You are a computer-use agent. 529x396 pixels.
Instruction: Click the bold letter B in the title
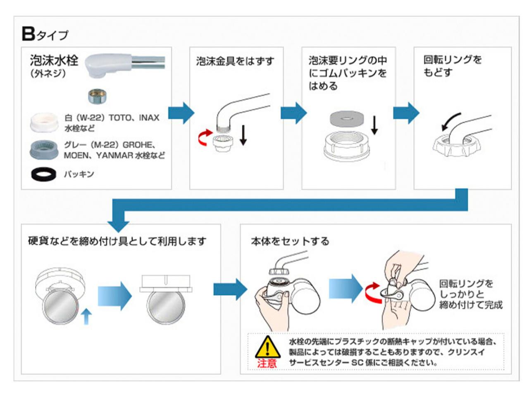28,34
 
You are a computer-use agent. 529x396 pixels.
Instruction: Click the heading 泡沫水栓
54,61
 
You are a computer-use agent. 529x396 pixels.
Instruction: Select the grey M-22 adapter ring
43,149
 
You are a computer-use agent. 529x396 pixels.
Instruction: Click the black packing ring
43,174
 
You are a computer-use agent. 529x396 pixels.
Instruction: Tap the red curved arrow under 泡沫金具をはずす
203,138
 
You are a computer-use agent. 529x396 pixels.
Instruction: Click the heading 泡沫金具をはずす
235,61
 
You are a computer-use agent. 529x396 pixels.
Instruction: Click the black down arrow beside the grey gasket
374,125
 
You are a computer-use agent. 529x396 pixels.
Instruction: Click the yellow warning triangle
267,347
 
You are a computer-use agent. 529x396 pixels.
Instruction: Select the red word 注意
267,363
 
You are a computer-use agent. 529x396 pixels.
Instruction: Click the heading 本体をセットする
290,241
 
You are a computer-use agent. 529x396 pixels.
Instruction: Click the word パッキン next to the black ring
79,174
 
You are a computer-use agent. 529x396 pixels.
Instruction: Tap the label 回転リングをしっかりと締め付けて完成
470,294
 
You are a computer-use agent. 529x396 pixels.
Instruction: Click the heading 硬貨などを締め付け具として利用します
117,241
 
